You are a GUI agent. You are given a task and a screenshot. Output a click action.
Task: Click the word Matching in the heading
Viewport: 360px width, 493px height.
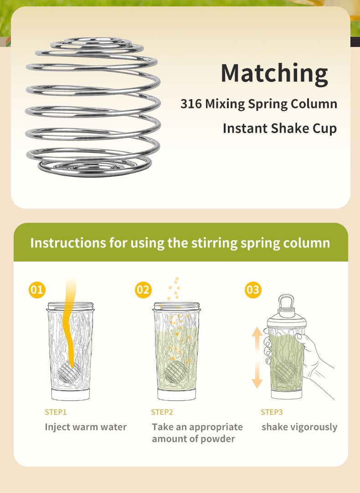tap(274, 73)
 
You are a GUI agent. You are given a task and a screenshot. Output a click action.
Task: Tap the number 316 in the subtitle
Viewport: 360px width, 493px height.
tap(191, 104)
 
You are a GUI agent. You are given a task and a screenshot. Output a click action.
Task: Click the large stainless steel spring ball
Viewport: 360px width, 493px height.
tap(93, 107)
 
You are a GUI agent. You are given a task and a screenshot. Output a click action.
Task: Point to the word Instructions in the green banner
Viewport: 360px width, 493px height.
tap(67, 243)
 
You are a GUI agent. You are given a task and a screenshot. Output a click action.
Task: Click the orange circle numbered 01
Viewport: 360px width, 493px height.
tap(37, 290)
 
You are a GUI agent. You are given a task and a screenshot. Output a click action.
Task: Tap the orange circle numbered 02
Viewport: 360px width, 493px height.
tap(144, 290)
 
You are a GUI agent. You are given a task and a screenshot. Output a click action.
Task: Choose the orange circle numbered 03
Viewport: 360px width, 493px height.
tap(253, 290)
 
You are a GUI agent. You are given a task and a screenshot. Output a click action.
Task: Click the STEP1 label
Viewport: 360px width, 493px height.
tap(56, 412)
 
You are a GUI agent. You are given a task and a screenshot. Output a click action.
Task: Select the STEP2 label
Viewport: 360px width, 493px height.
tap(162, 412)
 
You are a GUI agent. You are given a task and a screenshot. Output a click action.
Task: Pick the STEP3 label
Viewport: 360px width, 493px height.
tap(272, 412)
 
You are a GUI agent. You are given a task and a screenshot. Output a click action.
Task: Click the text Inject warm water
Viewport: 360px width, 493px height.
tap(86, 427)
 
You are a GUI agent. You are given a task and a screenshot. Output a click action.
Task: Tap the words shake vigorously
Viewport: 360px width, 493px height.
tap(299, 427)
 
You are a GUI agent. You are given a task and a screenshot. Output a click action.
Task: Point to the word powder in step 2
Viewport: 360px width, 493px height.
tap(217, 439)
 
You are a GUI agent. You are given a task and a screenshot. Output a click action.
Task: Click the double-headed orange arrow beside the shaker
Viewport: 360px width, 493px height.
tap(257, 358)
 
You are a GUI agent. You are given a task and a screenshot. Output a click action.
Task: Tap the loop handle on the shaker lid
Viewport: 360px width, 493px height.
tap(286, 301)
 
